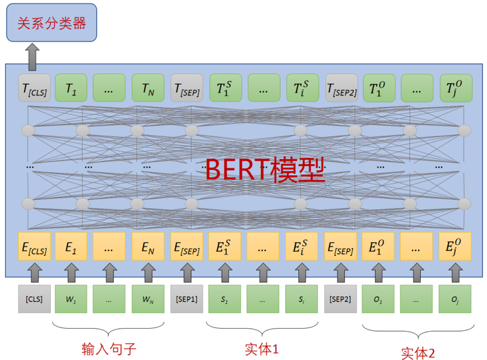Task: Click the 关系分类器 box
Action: click(51, 23)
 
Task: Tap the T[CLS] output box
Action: click(34, 88)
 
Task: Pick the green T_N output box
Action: click(148, 88)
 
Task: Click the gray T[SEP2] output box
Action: click(342, 88)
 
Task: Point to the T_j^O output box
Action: click(457, 88)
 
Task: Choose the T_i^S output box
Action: click(302, 88)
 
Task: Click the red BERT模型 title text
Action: click(265, 169)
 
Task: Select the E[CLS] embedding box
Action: click(34, 246)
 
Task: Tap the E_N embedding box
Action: click(148, 246)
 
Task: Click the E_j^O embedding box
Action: click(457, 246)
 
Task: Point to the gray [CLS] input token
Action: click(34, 298)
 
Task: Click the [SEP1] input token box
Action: click(186, 298)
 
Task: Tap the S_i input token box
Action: click(302, 298)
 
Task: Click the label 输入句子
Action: click(108, 347)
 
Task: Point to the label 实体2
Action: click(418, 352)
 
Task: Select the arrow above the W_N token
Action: click(148, 272)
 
